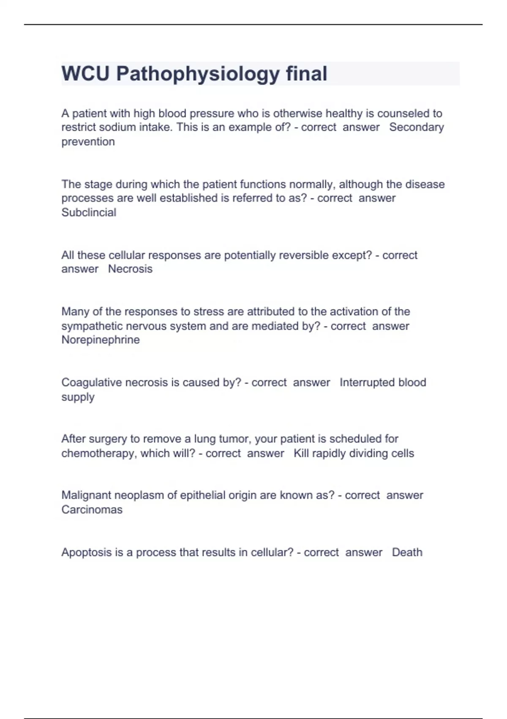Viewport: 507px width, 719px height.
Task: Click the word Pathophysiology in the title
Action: [198, 74]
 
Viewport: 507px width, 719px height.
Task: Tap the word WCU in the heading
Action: [85, 74]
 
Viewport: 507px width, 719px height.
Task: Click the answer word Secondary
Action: [416, 127]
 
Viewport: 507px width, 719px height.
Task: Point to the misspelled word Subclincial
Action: [89, 212]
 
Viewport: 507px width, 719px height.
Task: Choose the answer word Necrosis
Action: [130, 269]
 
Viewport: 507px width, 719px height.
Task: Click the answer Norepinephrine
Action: [101, 340]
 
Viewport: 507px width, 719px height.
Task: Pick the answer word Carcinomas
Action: [92, 510]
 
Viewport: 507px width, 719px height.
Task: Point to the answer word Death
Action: [407, 552]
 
